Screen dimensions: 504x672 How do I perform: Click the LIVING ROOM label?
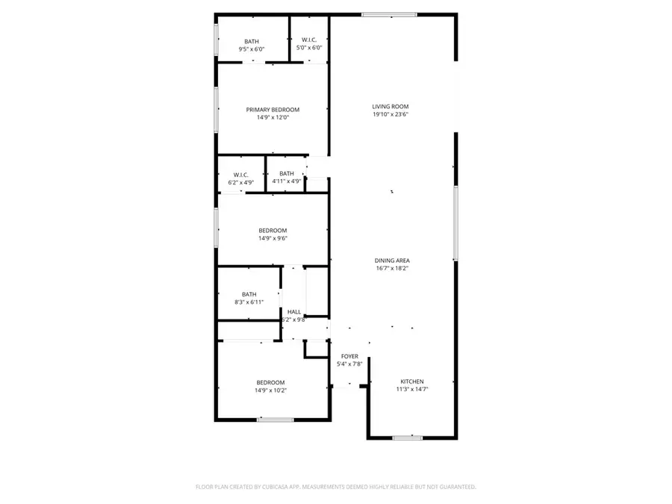click(x=391, y=107)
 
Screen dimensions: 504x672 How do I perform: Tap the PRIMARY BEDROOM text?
click(x=273, y=110)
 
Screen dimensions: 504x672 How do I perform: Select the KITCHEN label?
click(x=411, y=381)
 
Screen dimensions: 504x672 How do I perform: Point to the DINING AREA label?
click(x=391, y=260)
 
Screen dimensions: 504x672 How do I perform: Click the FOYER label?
click(x=349, y=356)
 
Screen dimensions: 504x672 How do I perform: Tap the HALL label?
click(x=294, y=312)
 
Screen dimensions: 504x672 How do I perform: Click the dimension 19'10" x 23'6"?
click(x=391, y=115)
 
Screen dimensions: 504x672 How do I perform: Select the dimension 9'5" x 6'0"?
click(x=252, y=49)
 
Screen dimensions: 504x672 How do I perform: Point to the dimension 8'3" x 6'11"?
click(x=249, y=302)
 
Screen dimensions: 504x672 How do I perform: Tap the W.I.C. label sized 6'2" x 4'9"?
click(x=240, y=175)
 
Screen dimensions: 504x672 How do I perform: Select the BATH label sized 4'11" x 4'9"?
click(x=287, y=174)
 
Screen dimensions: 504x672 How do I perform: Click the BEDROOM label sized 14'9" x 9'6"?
click(x=273, y=230)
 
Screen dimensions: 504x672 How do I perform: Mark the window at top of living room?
click(x=389, y=14)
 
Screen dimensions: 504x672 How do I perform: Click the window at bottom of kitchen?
click(x=407, y=438)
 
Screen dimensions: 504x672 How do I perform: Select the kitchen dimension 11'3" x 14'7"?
click(x=411, y=389)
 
